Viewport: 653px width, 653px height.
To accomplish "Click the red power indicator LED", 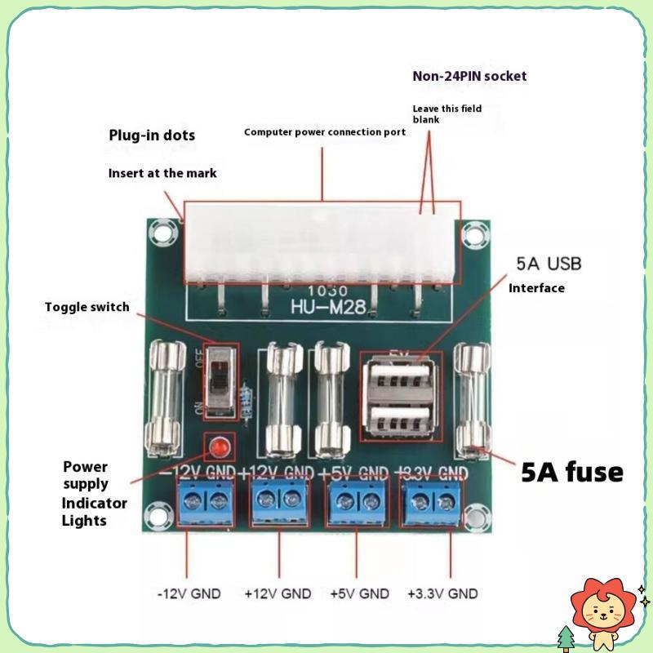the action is pos(220,446).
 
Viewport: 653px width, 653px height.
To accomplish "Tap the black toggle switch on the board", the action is pos(220,381).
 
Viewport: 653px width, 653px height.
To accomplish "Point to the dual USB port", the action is pos(400,396).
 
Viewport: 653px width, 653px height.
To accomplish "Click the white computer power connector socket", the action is pos(320,243).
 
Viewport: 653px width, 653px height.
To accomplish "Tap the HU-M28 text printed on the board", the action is pos(328,307).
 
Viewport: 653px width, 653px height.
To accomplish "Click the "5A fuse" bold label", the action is pos(572,472).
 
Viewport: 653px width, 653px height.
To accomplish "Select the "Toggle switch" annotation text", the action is pos(87,307).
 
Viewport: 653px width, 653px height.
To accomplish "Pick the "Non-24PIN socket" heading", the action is pos(469,76).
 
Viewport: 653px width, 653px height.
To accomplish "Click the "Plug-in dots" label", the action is pos(152,135).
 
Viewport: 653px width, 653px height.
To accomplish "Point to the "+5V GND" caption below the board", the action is pos(359,593).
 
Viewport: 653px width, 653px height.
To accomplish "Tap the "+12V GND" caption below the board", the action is pos(278,593).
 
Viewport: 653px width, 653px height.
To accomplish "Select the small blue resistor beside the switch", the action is pos(247,399).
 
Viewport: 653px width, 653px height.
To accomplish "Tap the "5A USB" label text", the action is pos(549,264).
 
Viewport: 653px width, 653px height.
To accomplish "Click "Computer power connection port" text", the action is pos(324,132).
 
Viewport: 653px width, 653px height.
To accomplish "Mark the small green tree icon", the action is pos(566,637).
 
